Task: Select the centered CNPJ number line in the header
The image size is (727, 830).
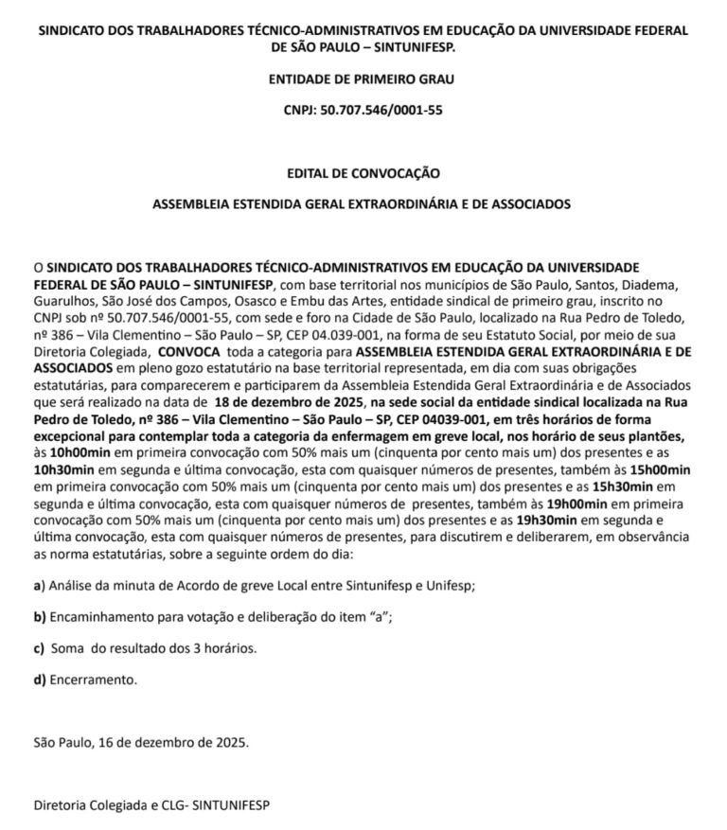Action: click(x=363, y=111)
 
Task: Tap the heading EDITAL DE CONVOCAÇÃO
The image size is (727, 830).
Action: click(x=363, y=173)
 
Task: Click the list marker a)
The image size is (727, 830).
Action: click(x=39, y=586)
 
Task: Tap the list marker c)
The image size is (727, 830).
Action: click(x=39, y=648)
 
